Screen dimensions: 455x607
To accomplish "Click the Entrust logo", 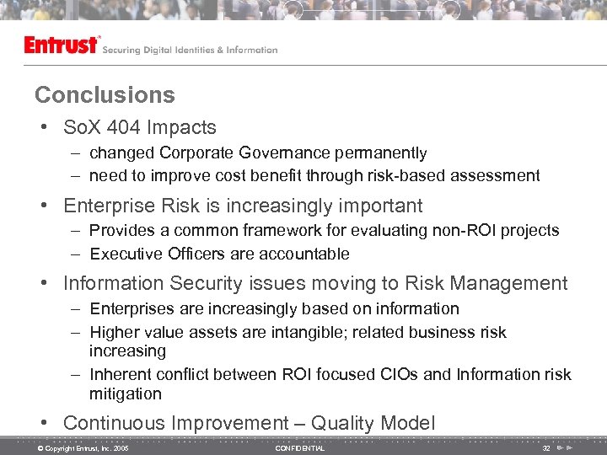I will [x=62, y=45].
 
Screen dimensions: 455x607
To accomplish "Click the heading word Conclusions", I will [x=105, y=94].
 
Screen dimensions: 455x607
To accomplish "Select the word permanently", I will [x=384, y=153].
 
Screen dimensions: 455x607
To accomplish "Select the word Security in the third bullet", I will [x=206, y=284].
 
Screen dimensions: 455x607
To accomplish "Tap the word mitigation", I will [x=125, y=393].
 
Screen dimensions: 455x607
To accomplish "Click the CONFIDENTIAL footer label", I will [x=299, y=448].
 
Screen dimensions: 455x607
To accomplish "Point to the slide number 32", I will [x=546, y=448].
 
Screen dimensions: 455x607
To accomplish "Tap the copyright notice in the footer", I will [x=83, y=448].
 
